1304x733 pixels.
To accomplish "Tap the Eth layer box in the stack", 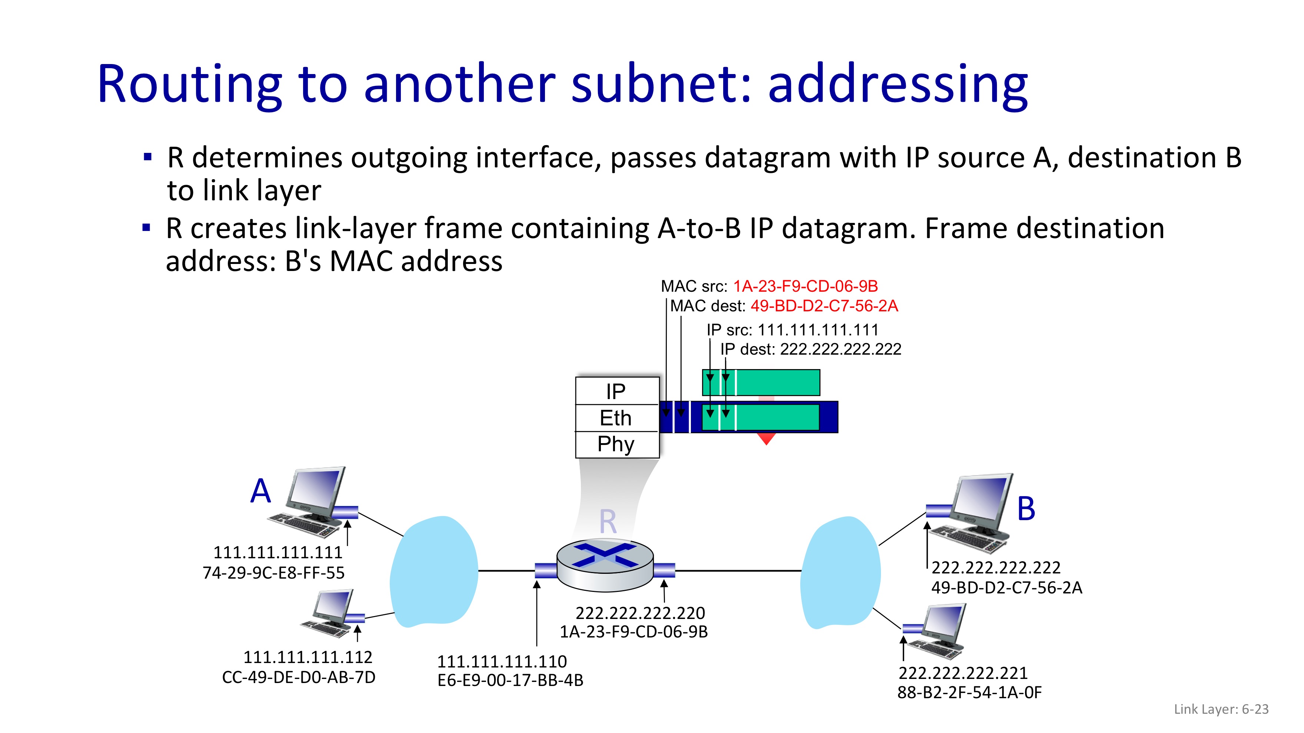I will coord(616,418).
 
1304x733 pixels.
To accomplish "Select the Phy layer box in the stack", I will coord(616,444).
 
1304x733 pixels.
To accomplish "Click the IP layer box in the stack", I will coord(616,391).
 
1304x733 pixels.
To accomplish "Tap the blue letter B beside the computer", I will coord(1026,508).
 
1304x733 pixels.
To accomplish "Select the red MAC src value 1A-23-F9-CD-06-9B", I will coord(805,286).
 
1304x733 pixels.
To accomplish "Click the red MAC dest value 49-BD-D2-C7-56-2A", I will coord(824,306).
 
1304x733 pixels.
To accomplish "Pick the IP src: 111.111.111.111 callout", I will coord(792,330).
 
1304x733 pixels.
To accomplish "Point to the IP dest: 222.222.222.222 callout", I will coord(811,349).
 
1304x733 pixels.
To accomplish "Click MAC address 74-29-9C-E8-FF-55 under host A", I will coord(273,573).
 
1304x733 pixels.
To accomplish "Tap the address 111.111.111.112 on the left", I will coord(308,657).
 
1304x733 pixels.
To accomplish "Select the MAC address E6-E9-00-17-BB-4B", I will coord(510,680).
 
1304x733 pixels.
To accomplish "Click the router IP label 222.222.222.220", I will coord(641,613).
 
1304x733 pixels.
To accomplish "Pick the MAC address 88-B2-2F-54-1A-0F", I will coord(969,693).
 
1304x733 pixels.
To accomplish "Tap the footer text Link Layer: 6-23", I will coord(1221,709).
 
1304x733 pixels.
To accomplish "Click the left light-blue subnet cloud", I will coord(434,572).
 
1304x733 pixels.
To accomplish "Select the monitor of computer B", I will coord(982,501).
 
